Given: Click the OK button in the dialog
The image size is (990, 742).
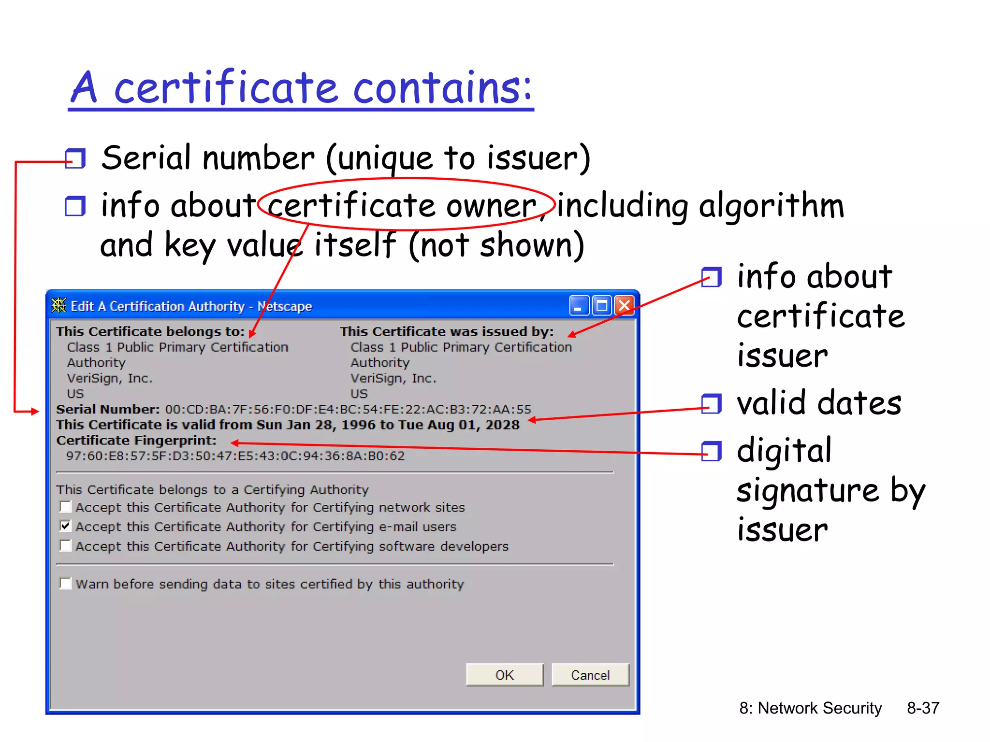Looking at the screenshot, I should coord(504,675).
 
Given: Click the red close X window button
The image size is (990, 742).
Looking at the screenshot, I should coord(624,305).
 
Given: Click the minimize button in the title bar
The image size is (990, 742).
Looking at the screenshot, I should coord(579,305).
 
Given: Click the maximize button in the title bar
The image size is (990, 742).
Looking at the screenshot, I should coord(602,305).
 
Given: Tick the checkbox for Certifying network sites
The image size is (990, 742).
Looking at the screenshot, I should coord(65,507).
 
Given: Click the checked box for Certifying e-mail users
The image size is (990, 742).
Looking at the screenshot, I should coord(65,526).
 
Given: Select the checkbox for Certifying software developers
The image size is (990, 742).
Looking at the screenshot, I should coord(65,545).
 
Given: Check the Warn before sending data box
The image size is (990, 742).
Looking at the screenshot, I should coord(65,584).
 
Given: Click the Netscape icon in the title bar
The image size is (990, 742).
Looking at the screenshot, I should coord(59,305).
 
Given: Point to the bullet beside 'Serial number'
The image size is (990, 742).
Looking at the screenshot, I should coord(75,158).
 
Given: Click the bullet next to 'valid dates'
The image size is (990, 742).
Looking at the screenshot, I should coord(711,403).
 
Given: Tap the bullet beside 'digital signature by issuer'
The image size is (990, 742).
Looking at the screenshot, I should coord(711,451).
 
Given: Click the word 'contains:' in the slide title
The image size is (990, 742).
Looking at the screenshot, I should coord(442,88).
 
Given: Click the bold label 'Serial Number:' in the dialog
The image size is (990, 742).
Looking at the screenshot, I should coord(108,409).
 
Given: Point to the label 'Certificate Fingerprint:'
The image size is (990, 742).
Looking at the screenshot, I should coord(136,441).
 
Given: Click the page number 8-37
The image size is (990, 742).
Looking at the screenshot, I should coord(923,708).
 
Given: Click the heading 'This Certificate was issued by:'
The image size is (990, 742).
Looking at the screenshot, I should coord(446,331).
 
